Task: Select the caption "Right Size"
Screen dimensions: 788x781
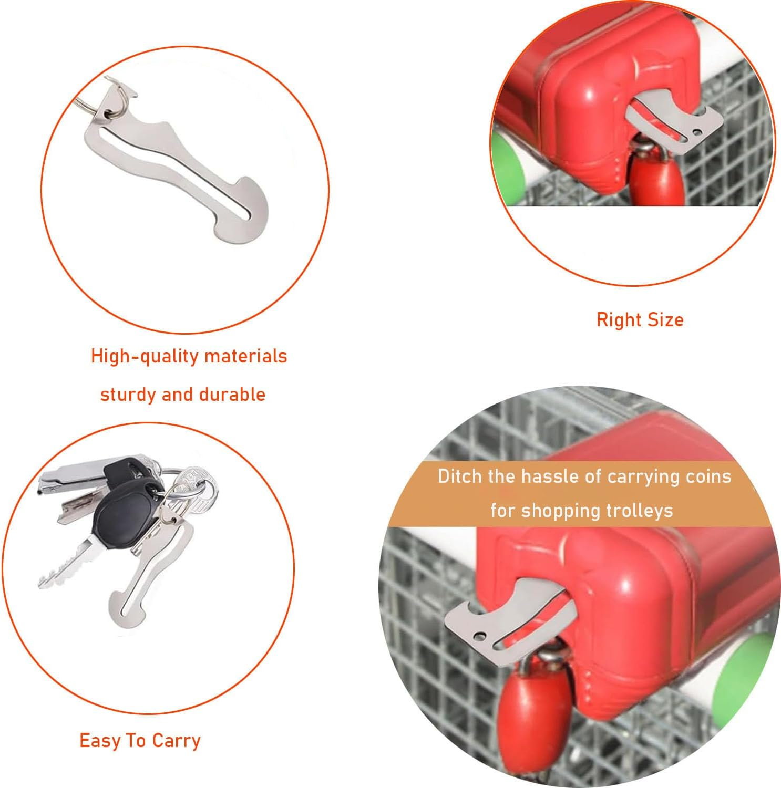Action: [x=640, y=320]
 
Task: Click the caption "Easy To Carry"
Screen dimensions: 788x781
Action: [x=140, y=741]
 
